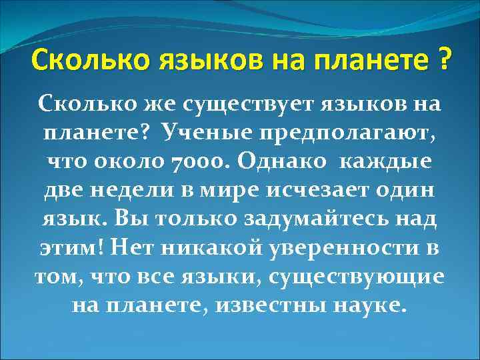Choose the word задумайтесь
tap(310, 219)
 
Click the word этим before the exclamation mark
tap(64, 247)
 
